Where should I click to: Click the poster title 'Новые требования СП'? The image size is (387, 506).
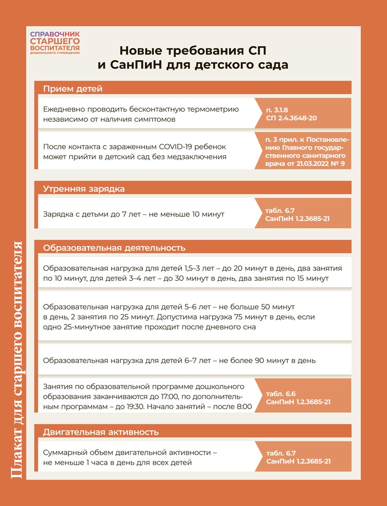[x=193, y=51]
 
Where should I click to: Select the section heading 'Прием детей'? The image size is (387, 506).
[x=73, y=89]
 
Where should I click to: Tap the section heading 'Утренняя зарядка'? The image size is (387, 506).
[x=84, y=189]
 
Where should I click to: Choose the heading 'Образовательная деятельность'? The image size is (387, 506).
[x=114, y=248]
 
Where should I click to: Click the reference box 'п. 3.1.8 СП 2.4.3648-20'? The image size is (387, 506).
[x=302, y=113]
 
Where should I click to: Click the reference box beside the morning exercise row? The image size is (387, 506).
[x=302, y=214]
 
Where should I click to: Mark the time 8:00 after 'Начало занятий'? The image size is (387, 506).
[x=242, y=406]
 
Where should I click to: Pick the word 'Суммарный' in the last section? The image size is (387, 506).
[x=66, y=452]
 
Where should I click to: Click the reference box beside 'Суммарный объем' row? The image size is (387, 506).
[x=302, y=457]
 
